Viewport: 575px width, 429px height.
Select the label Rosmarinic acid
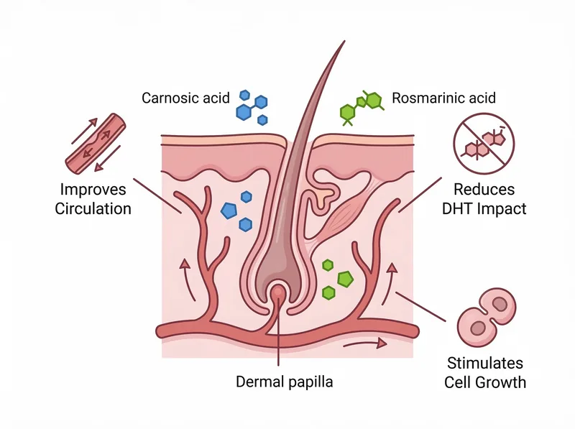click(443, 97)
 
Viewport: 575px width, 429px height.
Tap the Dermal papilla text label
click(284, 382)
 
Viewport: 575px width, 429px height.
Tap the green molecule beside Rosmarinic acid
click(363, 106)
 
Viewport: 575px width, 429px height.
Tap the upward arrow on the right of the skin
click(392, 280)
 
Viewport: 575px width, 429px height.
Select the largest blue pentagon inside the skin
click(229, 211)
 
